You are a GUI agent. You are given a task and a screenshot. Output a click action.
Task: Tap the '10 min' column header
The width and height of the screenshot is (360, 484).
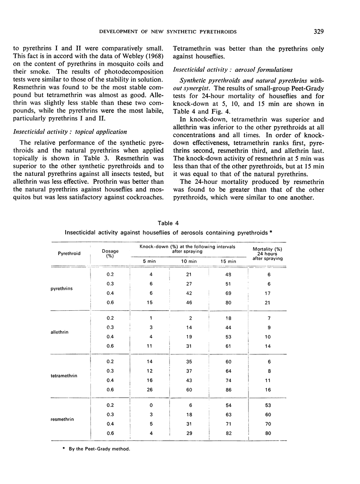coord(189,261)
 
